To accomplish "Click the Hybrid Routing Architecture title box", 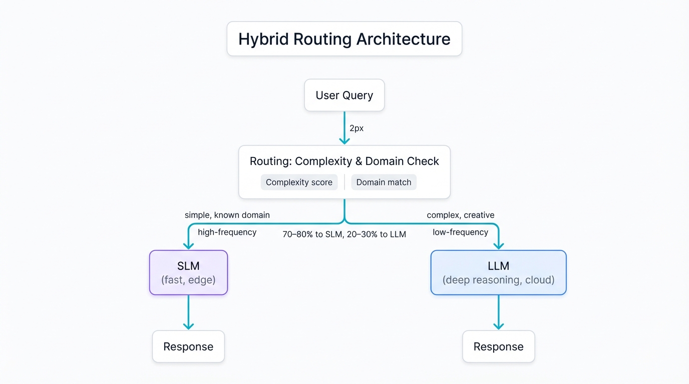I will tap(344, 39).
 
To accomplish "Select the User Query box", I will tap(344, 95).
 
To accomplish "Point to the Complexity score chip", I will tap(299, 182).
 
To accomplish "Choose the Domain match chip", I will tap(384, 182).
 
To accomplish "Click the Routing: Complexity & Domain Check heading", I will tap(344, 161).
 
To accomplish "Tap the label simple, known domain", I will tap(227, 215).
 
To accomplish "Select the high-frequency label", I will tap(227, 232).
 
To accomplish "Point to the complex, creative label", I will tap(460, 215).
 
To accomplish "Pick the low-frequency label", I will tap(460, 232).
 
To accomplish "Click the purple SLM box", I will tap(188, 272).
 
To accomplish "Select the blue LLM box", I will tap(498, 272).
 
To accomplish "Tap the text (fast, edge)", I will tap(188, 280).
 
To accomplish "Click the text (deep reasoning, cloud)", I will tap(498, 280).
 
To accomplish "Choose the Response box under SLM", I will tap(188, 346).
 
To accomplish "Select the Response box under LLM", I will tap(498, 346).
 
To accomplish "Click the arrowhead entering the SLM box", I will tap(188, 245).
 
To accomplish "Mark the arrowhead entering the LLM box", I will tap(499, 245).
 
